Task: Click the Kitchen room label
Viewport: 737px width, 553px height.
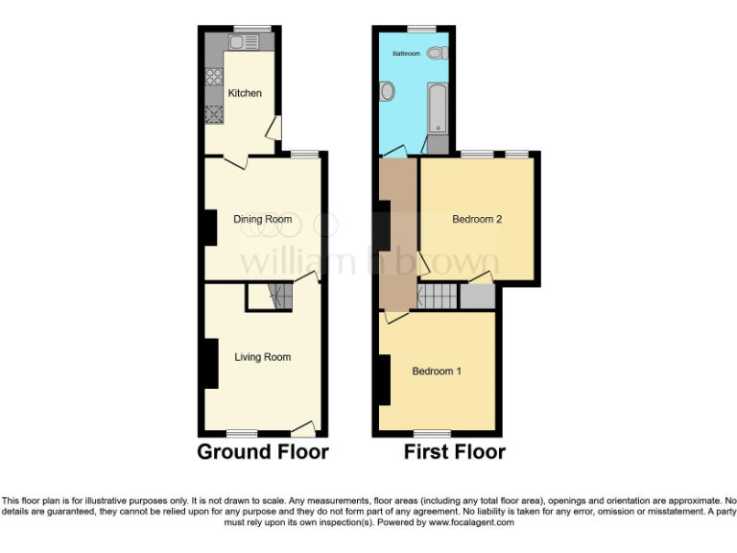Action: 244,93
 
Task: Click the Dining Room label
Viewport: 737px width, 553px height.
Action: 263,219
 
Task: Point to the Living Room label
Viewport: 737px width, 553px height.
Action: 263,357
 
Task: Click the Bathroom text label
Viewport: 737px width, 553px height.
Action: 406,54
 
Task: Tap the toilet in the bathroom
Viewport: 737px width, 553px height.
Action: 437,52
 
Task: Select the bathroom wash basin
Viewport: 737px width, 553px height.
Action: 388,92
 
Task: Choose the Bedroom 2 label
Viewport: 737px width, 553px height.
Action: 477,219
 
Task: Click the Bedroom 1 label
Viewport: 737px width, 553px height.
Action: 437,371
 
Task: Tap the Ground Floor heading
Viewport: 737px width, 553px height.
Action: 263,451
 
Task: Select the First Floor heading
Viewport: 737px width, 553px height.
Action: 454,451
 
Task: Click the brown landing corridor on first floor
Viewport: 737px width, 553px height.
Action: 396,230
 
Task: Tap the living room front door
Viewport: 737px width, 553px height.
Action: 303,428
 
